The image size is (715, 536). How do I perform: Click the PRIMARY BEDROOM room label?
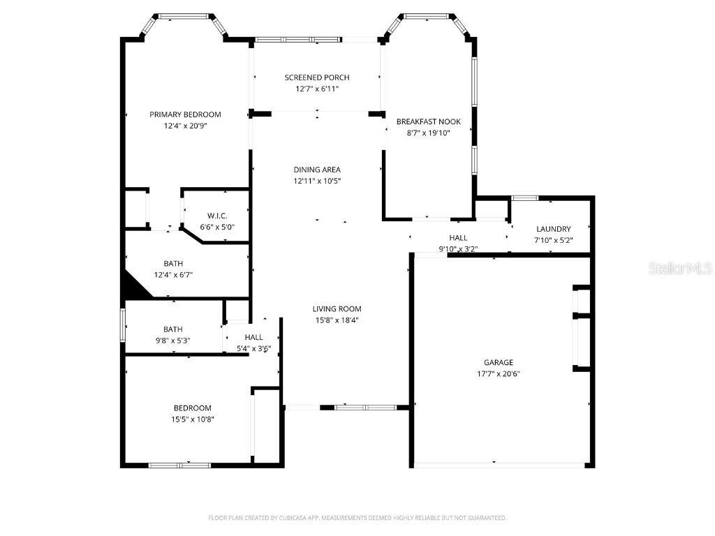click(185, 114)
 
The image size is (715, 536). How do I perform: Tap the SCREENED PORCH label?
click(316, 77)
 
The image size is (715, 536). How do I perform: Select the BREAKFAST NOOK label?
click(428, 121)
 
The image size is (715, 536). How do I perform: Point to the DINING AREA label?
click(316, 170)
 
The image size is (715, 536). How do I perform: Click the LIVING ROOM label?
click(337, 308)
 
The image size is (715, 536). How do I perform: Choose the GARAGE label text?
click(499, 362)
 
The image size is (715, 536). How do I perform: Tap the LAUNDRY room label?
click(553, 229)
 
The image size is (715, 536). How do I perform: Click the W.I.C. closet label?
click(217, 216)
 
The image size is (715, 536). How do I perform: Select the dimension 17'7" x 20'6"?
click(499, 373)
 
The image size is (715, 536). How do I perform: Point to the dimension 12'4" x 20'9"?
click(185, 126)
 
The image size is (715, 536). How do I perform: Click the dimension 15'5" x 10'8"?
click(192, 419)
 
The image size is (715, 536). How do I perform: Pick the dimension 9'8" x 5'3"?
click(172, 341)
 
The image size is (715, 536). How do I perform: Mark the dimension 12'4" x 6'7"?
click(173, 275)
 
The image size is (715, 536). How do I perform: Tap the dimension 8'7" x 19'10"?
click(428, 133)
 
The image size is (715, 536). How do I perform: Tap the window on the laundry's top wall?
click(524, 198)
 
